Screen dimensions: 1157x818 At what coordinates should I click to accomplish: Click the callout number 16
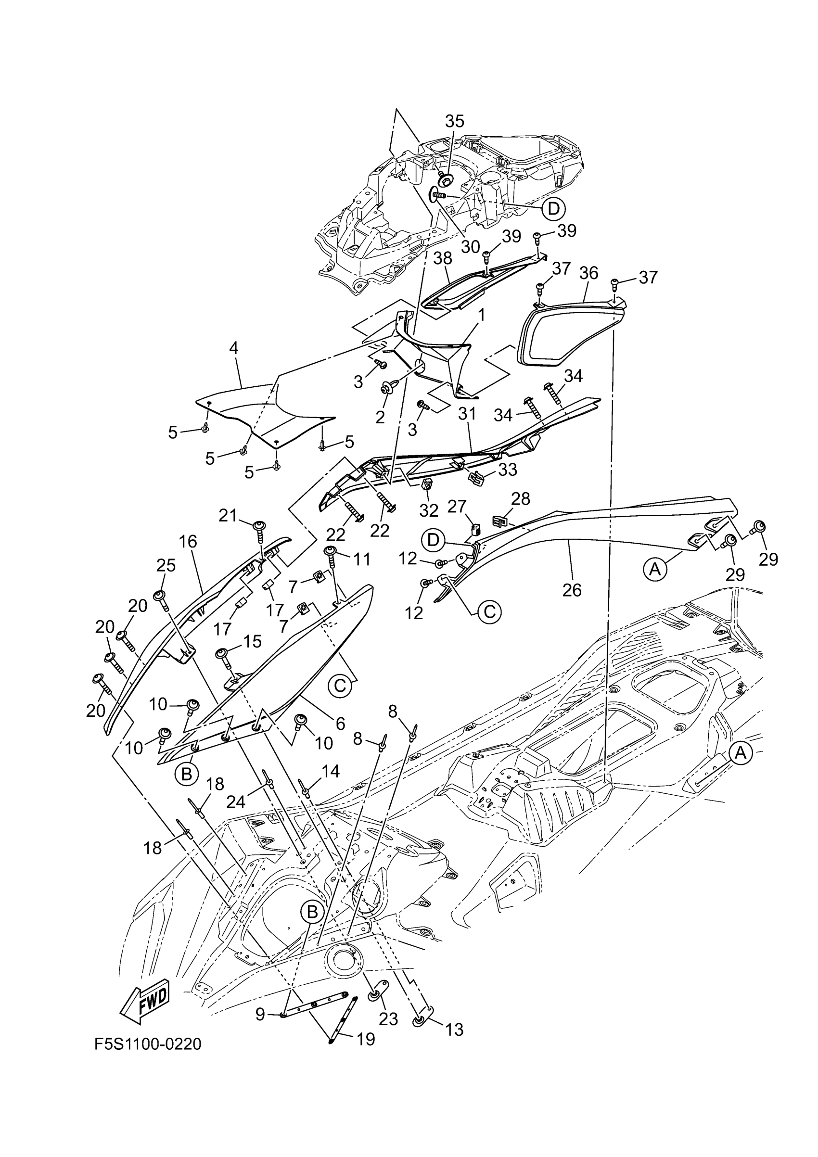(188, 542)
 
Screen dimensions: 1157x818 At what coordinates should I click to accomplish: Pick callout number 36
(588, 273)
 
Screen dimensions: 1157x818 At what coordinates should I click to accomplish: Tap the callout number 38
(443, 258)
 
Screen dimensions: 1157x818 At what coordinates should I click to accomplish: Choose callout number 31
(467, 414)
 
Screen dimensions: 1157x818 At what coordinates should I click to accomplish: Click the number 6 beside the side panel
(341, 724)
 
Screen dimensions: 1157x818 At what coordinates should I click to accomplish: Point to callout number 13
(454, 1030)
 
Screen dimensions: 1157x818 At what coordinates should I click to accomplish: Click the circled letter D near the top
(553, 208)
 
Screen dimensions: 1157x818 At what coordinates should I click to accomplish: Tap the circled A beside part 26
(655, 569)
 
